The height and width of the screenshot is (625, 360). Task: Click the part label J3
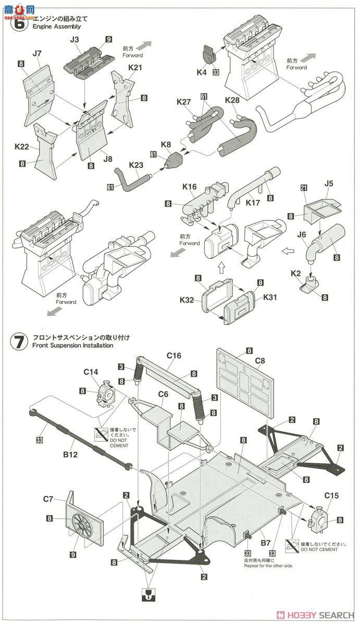(x=75, y=39)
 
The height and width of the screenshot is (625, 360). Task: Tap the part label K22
(x=22, y=147)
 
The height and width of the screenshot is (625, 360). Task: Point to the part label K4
(x=202, y=73)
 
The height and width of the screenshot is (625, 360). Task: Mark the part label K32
(x=187, y=301)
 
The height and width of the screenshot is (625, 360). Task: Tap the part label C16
(x=173, y=356)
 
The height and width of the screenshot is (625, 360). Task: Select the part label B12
(x=70, y=454)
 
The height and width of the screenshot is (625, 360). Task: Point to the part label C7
(x=48, y=499)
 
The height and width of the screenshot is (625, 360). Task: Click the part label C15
(x=331, y=496)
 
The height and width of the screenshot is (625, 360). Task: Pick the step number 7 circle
(x=18, y=342)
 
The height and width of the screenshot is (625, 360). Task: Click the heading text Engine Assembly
(x=56, y=26)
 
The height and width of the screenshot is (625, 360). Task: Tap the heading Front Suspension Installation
(x=72, y=345)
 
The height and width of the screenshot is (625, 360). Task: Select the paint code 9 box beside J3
(x=108, y=39)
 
